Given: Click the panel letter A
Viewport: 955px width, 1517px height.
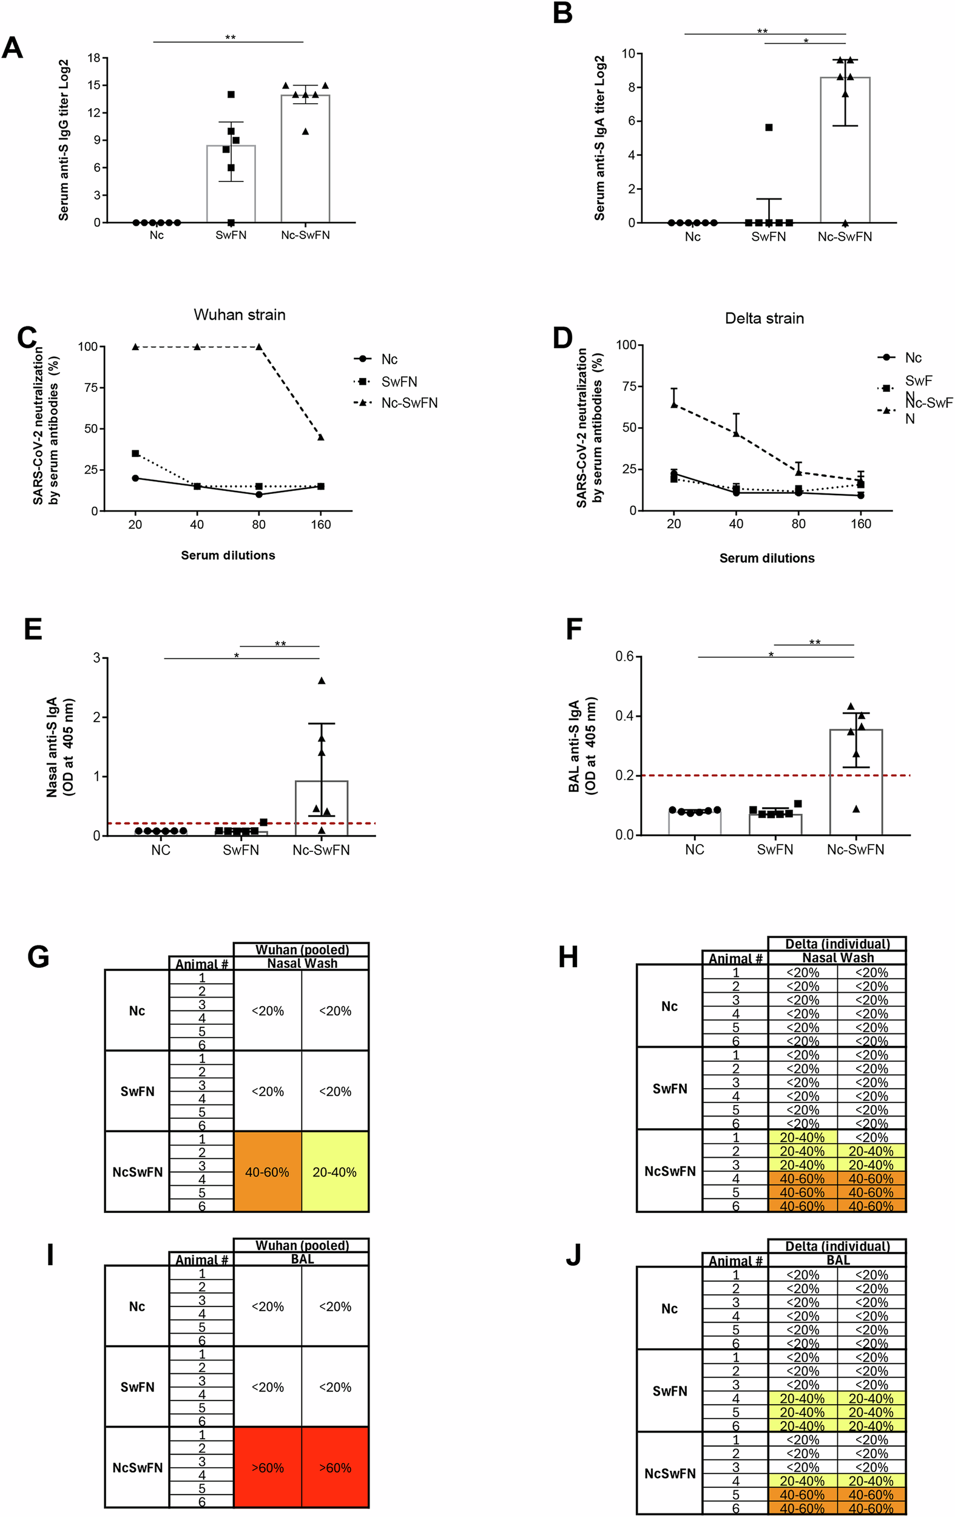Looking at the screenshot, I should (x=13, y=49).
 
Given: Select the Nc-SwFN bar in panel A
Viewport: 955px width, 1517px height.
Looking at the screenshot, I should (x=305, y=158).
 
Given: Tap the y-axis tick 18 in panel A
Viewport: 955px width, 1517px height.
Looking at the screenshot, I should (x=94, y=58).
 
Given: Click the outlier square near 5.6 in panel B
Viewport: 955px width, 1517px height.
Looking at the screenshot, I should (x=769, y=127).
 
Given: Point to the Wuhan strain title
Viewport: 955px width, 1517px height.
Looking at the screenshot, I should (x=240, y=314).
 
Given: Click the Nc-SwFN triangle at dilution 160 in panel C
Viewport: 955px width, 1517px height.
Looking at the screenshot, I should (x=320, y=438).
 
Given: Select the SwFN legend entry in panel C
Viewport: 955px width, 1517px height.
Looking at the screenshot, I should (x=398, y=381).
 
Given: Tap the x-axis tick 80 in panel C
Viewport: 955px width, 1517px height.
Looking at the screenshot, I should (x=258, y=524).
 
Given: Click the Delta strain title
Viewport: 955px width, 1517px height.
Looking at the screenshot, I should (x=764, y=318).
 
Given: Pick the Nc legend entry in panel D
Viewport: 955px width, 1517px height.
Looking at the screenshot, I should (x=912, y=358).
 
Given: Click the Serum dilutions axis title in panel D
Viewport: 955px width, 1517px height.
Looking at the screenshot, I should (x=767, y=558).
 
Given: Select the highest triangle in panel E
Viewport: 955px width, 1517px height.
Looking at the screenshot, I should (x=322, y=680).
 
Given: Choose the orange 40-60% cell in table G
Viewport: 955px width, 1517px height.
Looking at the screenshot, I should (x=267, y=1172).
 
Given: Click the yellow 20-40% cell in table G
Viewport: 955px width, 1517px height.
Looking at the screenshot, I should (x=334, y=1172).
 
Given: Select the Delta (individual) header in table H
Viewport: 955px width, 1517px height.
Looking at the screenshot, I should (x=837, y=944).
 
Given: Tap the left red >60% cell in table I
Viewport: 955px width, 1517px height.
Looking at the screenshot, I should (x=267, y=1467).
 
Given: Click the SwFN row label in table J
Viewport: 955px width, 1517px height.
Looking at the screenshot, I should (x=670, y=1390).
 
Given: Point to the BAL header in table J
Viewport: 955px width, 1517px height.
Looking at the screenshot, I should (x=837, y=1260).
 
